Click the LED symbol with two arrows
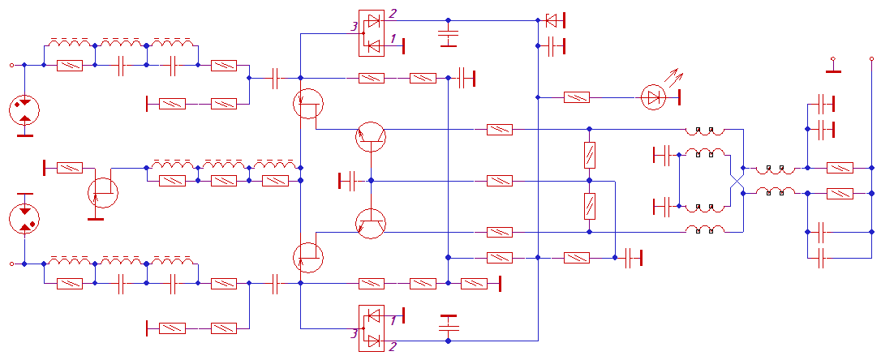tap(653, 96)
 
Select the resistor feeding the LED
tap(577, 97)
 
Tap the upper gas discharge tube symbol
tap(24, 110)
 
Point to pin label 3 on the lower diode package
tap(354, 332)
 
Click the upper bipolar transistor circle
tap(371, 136)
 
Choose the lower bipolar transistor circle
tap(371, 224)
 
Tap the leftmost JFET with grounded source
tap(103, 192)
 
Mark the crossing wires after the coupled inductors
tap(737, 181)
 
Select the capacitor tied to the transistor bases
tap(348, 181)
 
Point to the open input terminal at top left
tap(11, 65)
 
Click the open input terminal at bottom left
tap(11, 264)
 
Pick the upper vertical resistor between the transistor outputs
tap(590, 155)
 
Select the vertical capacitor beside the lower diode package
tap(448, 324)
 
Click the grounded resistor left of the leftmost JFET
tap(70, 168)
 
